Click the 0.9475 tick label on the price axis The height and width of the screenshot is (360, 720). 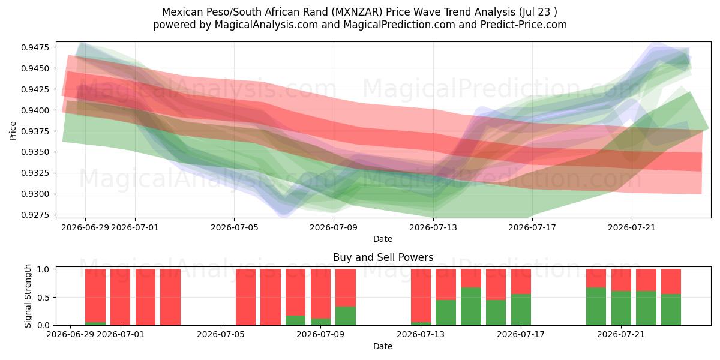tap(35, 47)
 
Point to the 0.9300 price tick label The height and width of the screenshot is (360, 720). tap(35, 194)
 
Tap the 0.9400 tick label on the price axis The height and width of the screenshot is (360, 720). tap(35, 110)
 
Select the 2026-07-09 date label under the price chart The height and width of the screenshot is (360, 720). tap(334, 227)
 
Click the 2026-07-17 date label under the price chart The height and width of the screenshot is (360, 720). tap(532, 227)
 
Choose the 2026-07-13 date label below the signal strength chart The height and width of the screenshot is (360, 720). tap(421, 335)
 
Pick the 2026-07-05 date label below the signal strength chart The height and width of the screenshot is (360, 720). tap(221, 335)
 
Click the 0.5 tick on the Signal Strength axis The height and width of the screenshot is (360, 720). tap(43, 298)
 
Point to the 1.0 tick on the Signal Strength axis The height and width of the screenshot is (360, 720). tap(43, 269)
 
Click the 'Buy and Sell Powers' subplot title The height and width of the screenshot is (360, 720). tap(383, 257)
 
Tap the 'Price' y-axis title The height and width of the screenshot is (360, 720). tap(13, 131)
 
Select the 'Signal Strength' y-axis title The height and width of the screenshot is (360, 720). tap(28, 296)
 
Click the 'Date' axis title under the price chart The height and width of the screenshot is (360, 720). tap(383, 239)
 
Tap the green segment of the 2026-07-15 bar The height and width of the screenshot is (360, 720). tap(471, 307)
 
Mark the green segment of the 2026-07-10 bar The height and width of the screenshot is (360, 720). tap(346, 316)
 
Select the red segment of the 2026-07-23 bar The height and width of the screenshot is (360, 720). tap(671, 281)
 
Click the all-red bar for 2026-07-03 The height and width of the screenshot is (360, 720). tap(170, 298)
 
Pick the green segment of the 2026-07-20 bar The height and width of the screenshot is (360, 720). tap(596, 307)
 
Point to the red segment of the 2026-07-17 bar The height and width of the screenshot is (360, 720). tap(521, 281)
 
